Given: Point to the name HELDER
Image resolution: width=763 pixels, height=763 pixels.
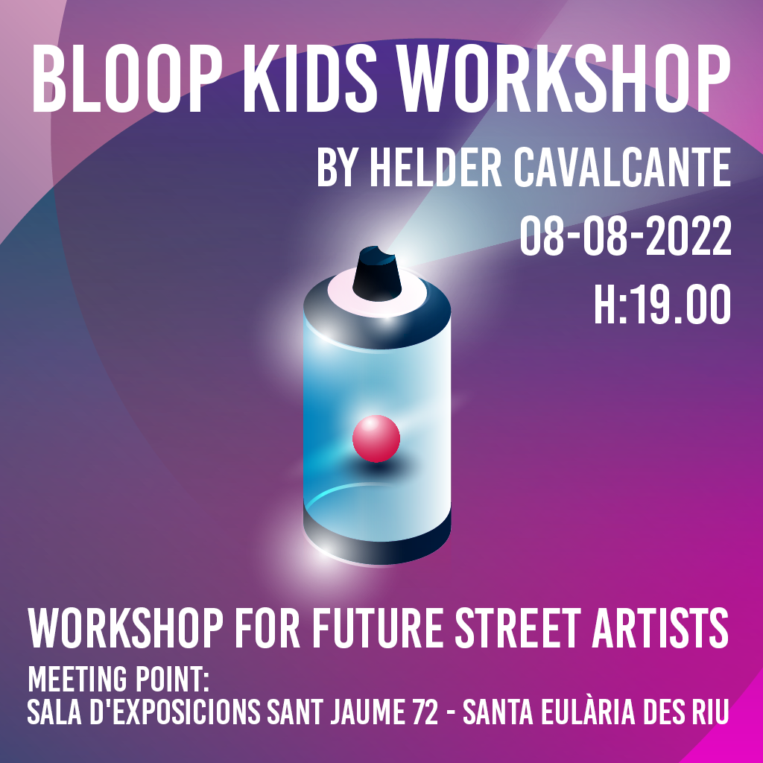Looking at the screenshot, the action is coord(436,168).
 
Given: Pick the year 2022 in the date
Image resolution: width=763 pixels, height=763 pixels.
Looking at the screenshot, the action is coord(688,236).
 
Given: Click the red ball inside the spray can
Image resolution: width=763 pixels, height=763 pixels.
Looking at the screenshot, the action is coord(376,438).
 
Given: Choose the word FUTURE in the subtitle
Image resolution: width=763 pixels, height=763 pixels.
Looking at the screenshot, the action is coord(378,628).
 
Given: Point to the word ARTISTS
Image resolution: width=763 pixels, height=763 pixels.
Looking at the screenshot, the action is coord(661,628).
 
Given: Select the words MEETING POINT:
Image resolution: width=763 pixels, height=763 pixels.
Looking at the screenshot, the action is coord(118,679).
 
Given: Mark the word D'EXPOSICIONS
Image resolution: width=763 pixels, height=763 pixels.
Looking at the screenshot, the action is coord(175,712).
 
